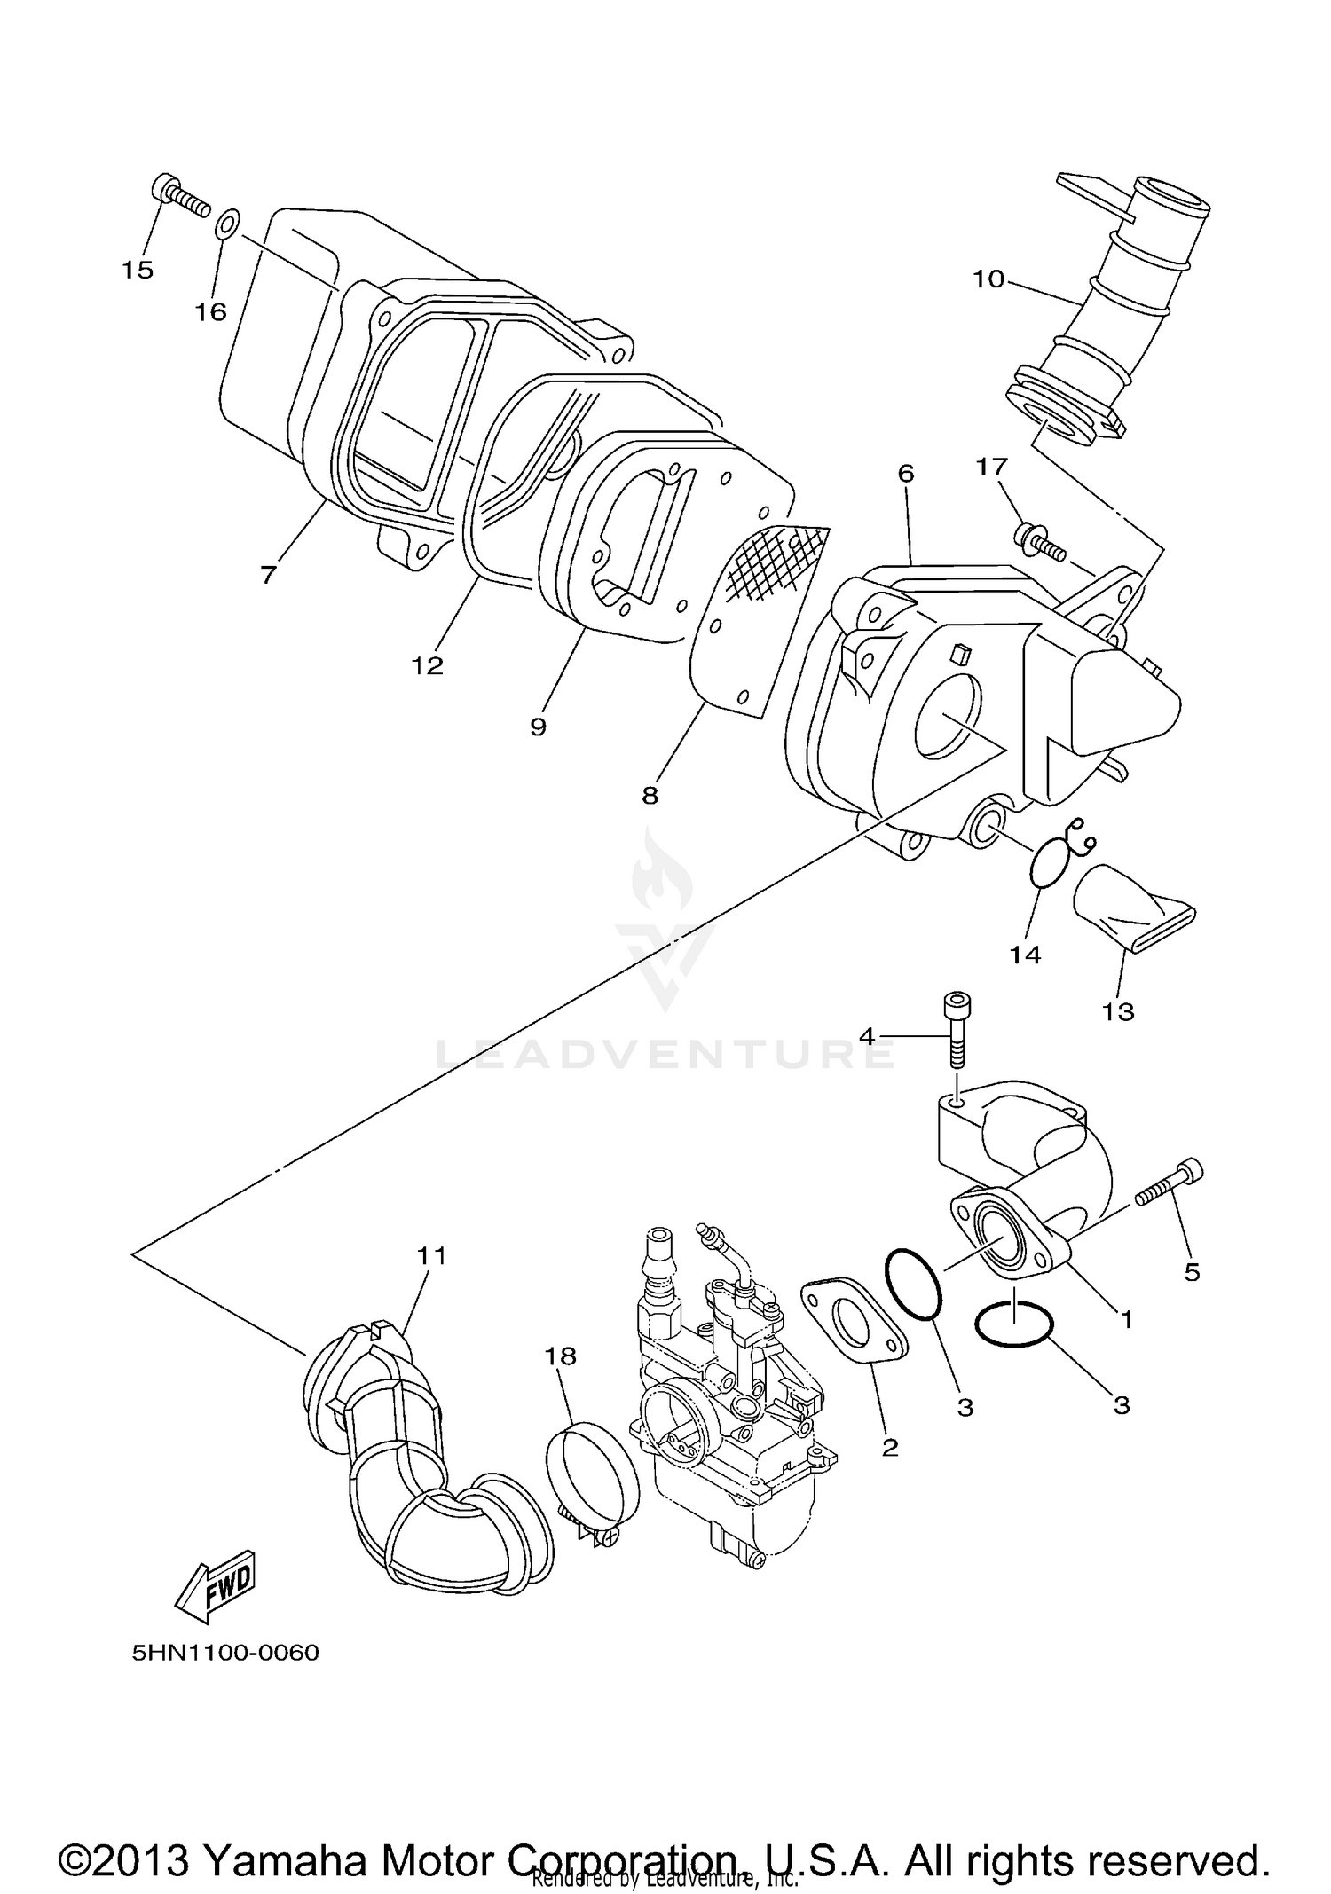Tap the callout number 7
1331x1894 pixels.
pos(268,574)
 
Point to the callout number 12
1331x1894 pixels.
pos(427,665)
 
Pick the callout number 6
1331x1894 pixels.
pos(905,473)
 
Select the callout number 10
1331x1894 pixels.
pos(988,279)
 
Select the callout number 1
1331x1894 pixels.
pos(1126,1319)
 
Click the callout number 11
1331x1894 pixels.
pos(433,1255)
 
